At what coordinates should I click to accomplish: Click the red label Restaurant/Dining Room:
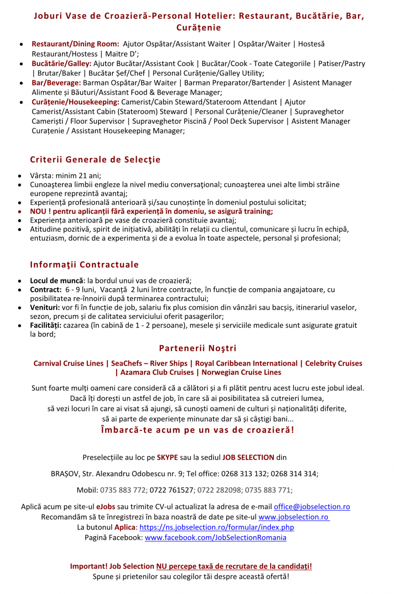pyautogui.click(x=76, y=44)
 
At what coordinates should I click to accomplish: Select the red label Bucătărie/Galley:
pyautogui.click(x=62, y=64)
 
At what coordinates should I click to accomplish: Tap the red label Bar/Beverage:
pyautogui.click(x=56, y=83)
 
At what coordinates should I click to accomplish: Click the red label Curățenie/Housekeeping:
pyautogui.click(x=76, y=102)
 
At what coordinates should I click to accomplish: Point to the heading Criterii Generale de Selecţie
pyautogui.click(x=95, y=160)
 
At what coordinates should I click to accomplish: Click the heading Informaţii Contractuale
pyautogui.click(x=84, y=265)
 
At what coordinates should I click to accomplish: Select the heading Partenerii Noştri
pyautogui.click(x=197, y=348)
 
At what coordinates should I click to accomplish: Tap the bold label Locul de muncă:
pyautogui.click(x=57, y=281)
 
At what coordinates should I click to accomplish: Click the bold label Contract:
pyautogui.click(x=46, y=290)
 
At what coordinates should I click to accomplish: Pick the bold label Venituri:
pyautogui.click(x=45, y=307)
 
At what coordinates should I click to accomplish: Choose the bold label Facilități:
pyautogui.click(x=46, y=326)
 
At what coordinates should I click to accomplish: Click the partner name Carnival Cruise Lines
pyautogui.click(x=69, y=363)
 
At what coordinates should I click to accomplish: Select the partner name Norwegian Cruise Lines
pyautogui.click(x=241, y=372)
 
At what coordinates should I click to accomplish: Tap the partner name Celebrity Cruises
pyautogui.click(x=334, y=363)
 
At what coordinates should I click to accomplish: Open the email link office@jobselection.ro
pyautogui.click(x=312, y=507)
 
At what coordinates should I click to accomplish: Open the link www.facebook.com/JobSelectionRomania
pyautogui.click(x=215, y=538)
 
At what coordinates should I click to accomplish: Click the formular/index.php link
pyautogui.click(x=217, y=527)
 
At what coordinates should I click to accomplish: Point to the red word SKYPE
pyautogui.click(x=167, y=458)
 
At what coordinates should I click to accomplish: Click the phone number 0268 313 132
pyautogui.click(x=244, y=474)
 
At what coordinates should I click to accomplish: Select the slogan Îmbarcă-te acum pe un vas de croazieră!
pyautogui.click(x=197, y=430)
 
